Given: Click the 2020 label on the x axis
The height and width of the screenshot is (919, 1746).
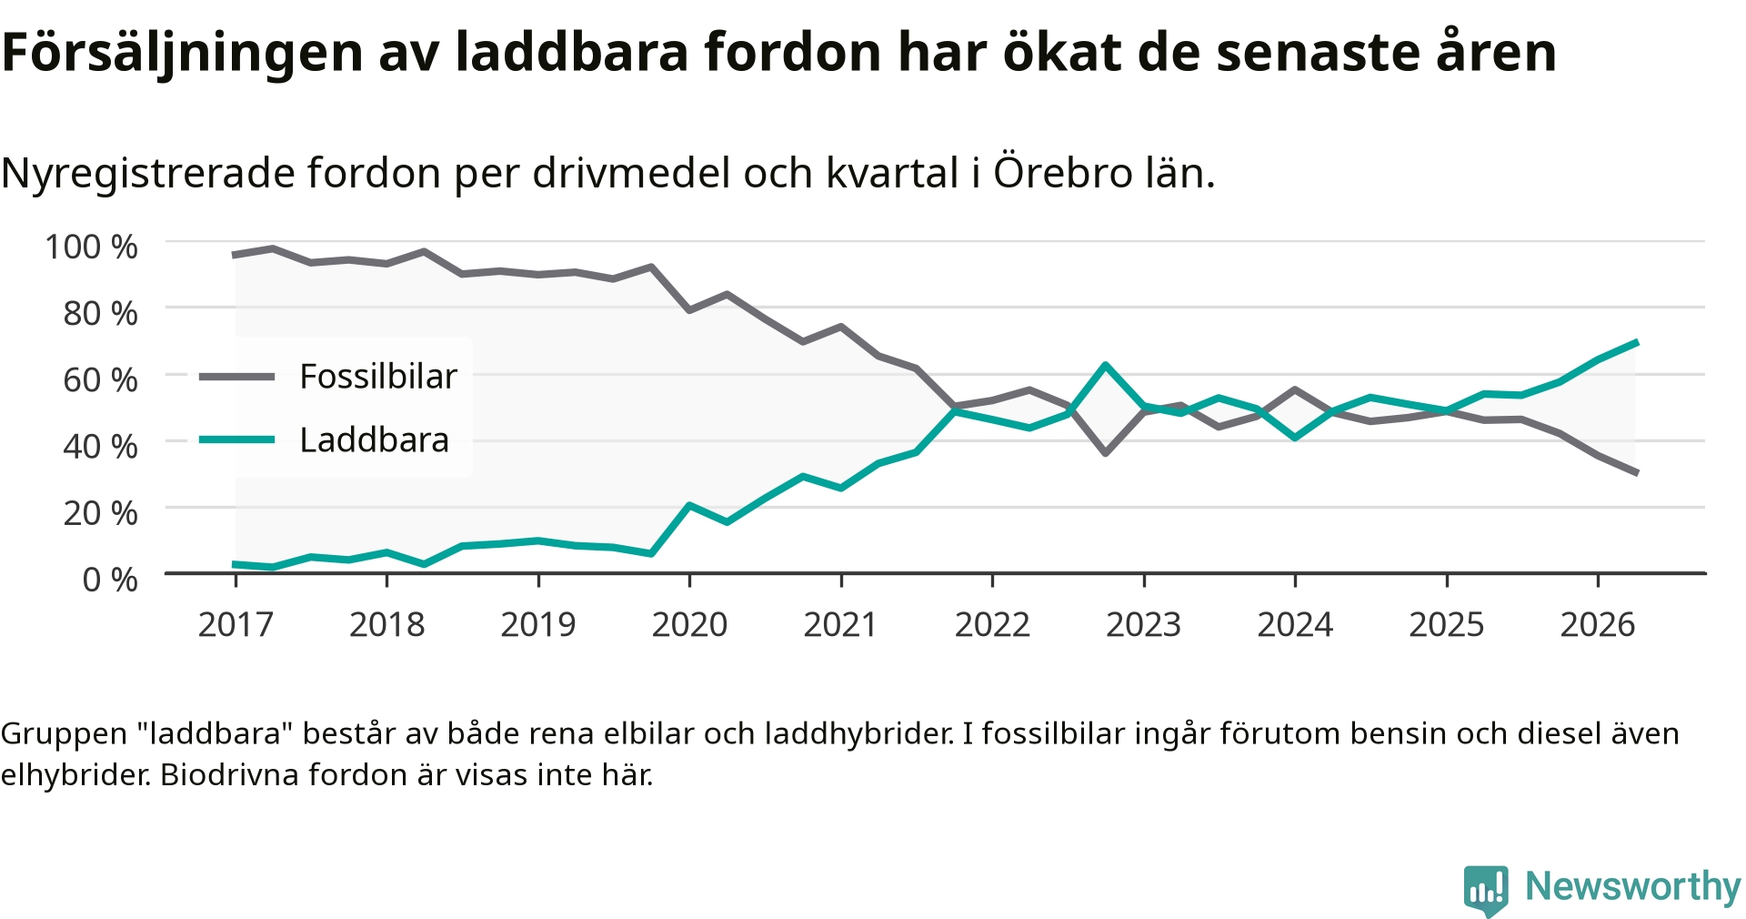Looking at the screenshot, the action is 689,624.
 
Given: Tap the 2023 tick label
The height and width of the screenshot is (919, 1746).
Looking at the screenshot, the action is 1143,624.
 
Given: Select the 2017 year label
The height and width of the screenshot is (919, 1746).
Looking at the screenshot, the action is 236,624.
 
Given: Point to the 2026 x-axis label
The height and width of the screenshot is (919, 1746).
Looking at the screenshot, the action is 1598,624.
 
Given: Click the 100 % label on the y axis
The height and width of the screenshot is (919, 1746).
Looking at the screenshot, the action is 91,247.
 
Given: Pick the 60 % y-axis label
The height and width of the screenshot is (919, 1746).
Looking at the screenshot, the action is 100,379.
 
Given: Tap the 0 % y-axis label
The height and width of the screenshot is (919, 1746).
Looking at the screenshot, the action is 110,580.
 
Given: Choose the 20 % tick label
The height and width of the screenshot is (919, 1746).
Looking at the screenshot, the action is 100,513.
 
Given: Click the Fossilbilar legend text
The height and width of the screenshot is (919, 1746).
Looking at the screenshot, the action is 378,377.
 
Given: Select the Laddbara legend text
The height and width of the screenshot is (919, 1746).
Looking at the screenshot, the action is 375,440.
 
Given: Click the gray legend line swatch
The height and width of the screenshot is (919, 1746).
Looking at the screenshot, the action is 236,377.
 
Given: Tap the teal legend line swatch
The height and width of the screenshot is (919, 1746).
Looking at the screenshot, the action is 236,440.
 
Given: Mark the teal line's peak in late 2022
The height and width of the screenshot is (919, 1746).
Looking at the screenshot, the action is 1105,366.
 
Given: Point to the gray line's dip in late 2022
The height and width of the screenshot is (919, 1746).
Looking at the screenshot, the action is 1105,452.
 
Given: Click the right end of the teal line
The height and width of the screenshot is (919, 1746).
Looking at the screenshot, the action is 1637,342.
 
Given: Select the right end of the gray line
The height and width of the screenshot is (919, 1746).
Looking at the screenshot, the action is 1637,473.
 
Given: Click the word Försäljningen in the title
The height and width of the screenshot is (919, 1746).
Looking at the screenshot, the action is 183,53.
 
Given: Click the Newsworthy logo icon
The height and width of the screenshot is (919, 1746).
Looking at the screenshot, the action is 1486,890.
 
